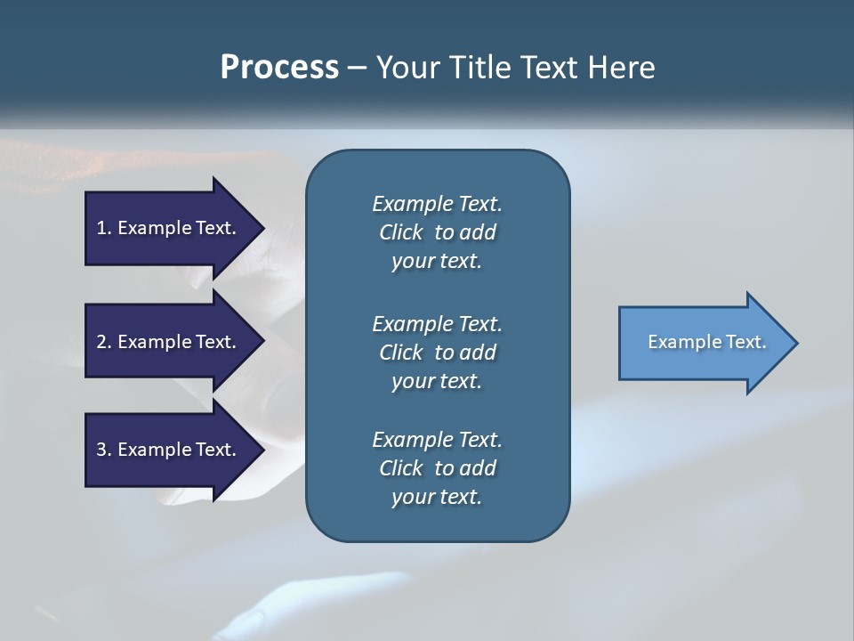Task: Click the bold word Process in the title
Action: [x=279, y=68]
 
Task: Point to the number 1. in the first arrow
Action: [x=104, y=228]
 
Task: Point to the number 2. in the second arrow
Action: [x=104, y=342]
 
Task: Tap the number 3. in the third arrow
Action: [x=104, y=450]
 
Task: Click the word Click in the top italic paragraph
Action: [x=400, y=232]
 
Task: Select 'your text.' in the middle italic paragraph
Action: [x=437, y=381]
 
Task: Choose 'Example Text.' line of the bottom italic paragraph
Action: [x=437, y=440]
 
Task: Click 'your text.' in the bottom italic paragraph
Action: [x=437, y=497]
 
